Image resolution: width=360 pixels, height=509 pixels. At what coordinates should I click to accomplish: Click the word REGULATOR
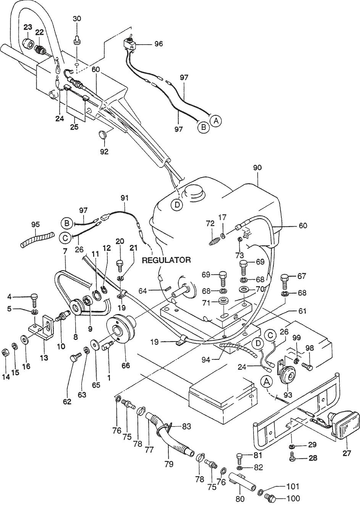point(166,260)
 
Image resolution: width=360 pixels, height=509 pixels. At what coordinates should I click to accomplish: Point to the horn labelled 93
point(288,376)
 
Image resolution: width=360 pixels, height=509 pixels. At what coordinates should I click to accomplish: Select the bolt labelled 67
point(286,280)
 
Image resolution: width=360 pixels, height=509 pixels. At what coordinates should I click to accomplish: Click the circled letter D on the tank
point(177,205)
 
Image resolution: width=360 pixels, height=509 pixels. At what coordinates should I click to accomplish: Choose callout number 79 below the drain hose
point(168,464)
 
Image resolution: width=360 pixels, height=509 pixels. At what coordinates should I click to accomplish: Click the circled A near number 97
point(216,121)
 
